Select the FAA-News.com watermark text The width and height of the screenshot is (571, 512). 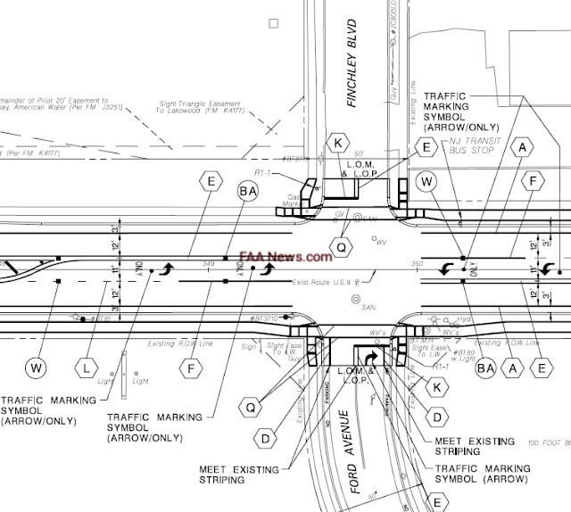click(x=285, y=256)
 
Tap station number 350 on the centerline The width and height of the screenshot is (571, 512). click(x=416, y=264)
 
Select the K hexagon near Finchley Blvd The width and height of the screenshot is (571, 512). click(x=337, y=143)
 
